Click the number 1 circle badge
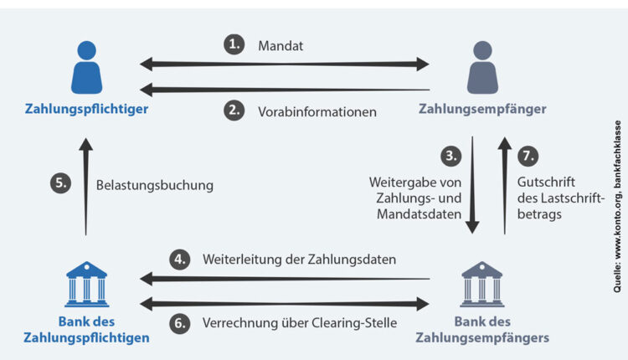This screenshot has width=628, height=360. tap(234, 44)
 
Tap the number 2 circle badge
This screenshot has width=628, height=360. tap(234, 109)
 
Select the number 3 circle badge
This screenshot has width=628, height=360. tap(453, 156)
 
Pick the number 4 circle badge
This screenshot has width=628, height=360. tap(180, 260)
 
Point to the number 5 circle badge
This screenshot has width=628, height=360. tap(60, 184)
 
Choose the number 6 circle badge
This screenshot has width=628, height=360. tap(180, 321)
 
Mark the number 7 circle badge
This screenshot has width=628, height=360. tap(528, 156)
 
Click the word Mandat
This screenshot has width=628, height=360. tap(281, 46)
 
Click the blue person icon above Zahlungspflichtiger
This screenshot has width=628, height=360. tap(86, 66)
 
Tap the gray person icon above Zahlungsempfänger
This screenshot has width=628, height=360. tap(481, 66)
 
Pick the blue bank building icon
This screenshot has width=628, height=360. tap(86, 281)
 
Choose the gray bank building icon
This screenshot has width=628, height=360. tap(481, 281)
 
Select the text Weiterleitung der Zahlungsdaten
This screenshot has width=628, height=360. tap(299, 260)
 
